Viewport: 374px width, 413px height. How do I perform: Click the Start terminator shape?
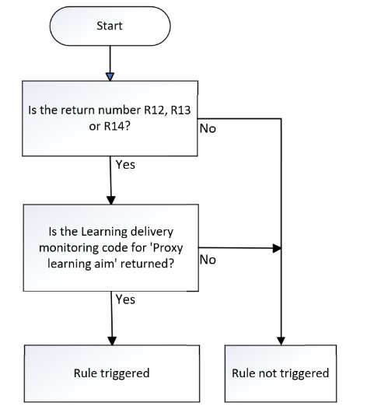pos(110,26)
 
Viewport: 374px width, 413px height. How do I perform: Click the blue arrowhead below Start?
pos(110,77)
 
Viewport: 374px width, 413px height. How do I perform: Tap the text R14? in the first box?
pos(117,126)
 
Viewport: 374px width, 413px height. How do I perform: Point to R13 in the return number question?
pos(180,110)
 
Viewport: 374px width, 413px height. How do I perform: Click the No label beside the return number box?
pos(208,128)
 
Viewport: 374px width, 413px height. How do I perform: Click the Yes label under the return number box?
pos(125,165)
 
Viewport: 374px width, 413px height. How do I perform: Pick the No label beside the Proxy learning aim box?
pos(208,260)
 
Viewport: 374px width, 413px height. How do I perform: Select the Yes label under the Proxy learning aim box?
pos(125,299)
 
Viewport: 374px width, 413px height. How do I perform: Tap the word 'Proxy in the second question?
pos(167,248)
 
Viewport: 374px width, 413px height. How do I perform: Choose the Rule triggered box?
pos(112,373)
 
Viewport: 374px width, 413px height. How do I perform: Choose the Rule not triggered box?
pos(281,373)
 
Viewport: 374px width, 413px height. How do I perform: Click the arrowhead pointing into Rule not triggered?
pos(281,341)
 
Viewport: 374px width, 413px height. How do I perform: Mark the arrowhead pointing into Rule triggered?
pos(112,341)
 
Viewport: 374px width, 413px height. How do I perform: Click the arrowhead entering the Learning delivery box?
pos(111,201)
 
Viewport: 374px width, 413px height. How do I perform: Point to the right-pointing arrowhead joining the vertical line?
pos(277,248)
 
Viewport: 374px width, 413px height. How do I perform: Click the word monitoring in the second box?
pos(66,248)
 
